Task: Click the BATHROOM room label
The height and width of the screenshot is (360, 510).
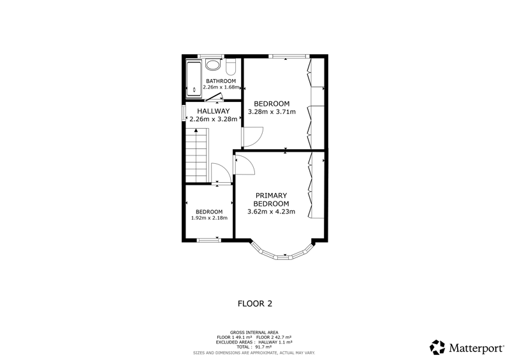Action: click(x=221, y=81)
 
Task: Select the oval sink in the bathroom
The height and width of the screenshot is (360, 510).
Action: click(x=213, y=65)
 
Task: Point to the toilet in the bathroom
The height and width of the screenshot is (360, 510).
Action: click(x=231, y=67)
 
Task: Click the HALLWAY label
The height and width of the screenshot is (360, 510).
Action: click(x=214, y=111)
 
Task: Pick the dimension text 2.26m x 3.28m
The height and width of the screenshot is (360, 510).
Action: click(x=214, y=119)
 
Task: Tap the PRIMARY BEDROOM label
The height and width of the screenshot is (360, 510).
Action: click(x=272, y=199)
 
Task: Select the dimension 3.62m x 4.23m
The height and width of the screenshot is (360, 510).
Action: click(x=272, y=212)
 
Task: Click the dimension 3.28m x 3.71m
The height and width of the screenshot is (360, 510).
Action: click(x=272, y=112)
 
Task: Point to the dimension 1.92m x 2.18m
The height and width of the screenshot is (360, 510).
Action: click(x=209, y=218)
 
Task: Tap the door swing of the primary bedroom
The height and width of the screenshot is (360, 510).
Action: click(x=244, y=165)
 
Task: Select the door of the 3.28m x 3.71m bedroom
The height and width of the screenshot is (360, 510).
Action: click(x=252, y=137)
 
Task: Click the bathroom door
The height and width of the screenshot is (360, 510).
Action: click(x=214, y=96)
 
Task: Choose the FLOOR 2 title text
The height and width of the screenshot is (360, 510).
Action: click(x=255, y=304)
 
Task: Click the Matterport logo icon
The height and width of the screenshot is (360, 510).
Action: click(x=437, y=347)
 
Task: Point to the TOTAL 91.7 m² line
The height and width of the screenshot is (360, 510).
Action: click(x=254, y=347)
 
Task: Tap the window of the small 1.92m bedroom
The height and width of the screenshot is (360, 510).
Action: click(x=209, y=240)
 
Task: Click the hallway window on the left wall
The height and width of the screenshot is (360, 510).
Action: click(x=184, y=113)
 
